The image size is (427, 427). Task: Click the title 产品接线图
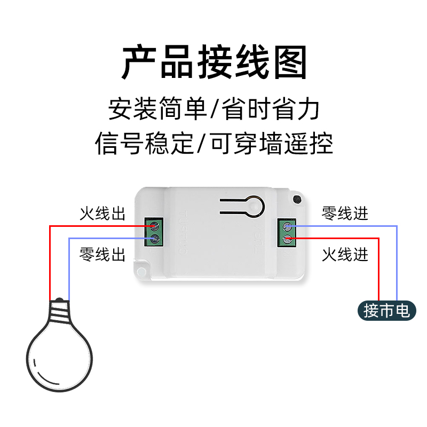tap(214, 63)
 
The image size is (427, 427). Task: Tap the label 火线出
tap(102, 214)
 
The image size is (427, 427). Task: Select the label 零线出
tap(102, 254)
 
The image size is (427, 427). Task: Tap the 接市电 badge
tap(387, 310)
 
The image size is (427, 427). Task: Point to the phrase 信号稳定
tap(144, 143)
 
